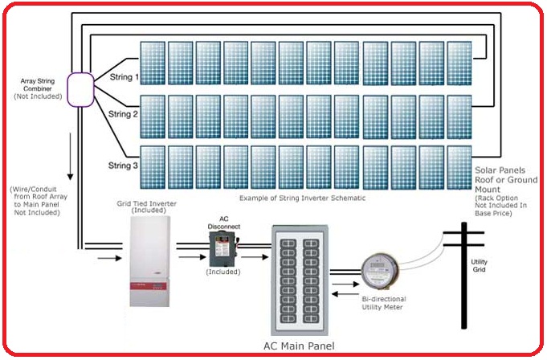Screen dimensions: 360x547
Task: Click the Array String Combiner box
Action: coord(80,88)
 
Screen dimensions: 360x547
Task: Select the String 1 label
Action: coord(124,78)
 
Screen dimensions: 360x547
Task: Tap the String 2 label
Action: coord(124,114)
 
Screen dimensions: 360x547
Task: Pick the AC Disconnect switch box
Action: coord(218,250)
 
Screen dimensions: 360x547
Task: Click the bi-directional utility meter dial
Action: coord(378,271)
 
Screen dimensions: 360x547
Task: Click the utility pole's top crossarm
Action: coord(464,232)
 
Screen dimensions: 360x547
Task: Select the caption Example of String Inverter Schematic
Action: coord(303,196)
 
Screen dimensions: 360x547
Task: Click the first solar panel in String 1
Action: coord(153,62)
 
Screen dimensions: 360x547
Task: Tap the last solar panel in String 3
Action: coord(459,165)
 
